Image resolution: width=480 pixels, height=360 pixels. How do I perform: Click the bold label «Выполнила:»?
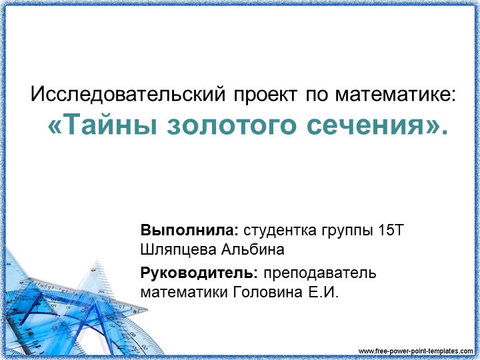point(189,231)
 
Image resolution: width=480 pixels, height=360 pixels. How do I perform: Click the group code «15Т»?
point(391,231)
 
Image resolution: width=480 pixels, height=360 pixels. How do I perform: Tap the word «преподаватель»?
point(320,273)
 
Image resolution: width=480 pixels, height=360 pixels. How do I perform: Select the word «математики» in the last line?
point(178,291)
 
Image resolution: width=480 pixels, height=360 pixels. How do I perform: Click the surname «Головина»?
point(257,291)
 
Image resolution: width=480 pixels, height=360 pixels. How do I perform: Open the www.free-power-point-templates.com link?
point(416,351)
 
